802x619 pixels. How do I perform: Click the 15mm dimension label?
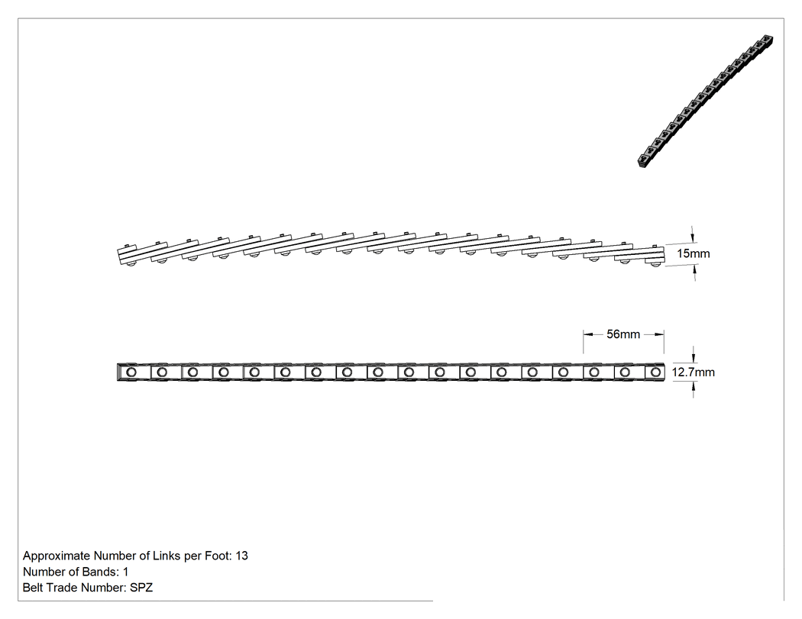pos(693,253)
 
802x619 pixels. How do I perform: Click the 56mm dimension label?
pos(623,334)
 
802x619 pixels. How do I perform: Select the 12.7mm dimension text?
pos(693,372)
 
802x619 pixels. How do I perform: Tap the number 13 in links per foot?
pos(242,556)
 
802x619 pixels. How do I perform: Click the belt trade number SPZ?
pos(141,587)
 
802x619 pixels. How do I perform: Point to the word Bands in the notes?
pos(102,572)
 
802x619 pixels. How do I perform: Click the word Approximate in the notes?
pos(57,556)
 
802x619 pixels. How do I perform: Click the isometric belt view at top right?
pos(706,102)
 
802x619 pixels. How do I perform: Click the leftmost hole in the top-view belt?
pos(131,372)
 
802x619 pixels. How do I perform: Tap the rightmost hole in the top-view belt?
pos(655,372)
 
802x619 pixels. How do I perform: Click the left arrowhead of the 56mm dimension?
pos(587,334)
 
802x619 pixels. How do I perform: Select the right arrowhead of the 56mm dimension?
pos(659,334)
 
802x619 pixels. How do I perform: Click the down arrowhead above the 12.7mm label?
pos(694,358)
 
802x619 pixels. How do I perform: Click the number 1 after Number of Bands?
pos(126,572)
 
